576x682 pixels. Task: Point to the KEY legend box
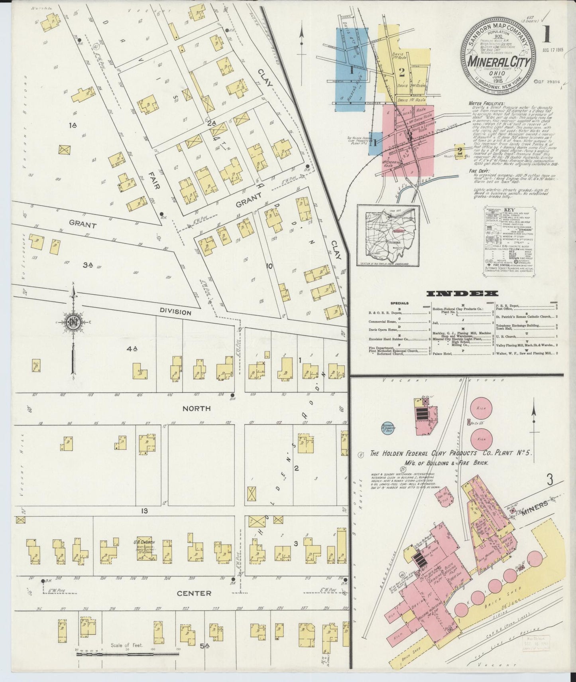(x=509, y=239)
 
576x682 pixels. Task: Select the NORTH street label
(x=196, y=408)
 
